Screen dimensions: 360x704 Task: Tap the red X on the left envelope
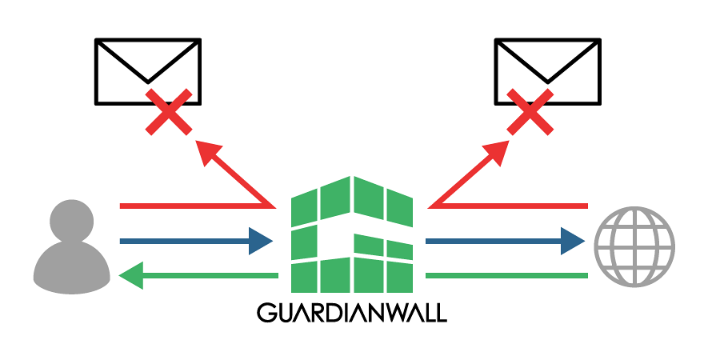168,112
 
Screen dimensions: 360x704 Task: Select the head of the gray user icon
71,222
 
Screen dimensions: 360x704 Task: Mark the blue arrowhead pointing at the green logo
261,240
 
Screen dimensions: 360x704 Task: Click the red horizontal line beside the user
192,206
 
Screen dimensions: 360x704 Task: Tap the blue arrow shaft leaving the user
184,240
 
